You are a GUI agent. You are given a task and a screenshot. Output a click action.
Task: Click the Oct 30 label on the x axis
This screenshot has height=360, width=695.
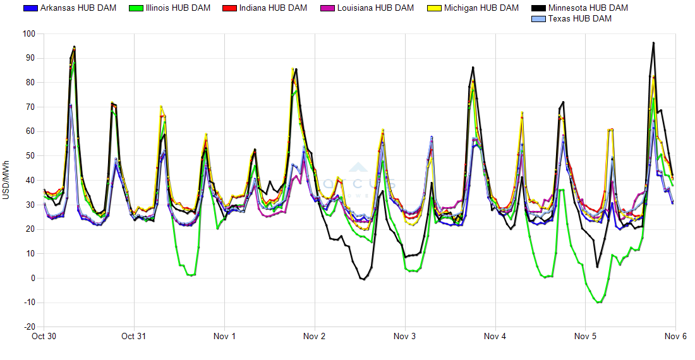44,337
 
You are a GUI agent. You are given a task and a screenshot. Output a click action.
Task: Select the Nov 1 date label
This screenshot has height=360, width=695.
224,337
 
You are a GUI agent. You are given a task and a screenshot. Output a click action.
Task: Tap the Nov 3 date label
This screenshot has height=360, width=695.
404,337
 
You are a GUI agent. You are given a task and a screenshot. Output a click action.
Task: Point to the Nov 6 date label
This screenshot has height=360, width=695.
675,337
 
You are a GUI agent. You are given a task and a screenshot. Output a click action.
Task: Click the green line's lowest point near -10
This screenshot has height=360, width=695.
598,303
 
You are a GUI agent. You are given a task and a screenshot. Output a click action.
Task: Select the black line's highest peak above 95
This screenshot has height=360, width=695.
653,43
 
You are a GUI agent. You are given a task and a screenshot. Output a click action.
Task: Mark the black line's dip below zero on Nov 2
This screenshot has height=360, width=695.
363,279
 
